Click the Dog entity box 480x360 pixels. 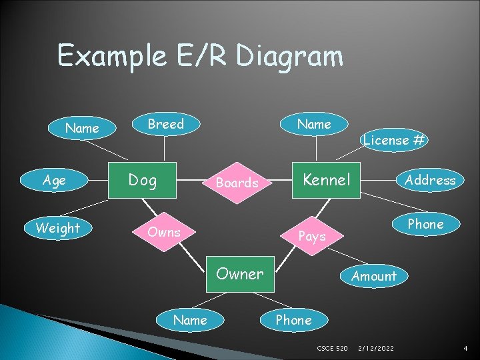pos(143,180)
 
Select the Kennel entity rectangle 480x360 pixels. pos(326,180)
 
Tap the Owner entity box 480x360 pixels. pos(240,273)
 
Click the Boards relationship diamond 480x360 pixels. pos(237,183)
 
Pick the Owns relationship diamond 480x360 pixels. pos(164,232)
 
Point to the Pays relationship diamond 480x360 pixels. pos(312,236)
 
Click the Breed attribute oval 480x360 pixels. pos(165,124)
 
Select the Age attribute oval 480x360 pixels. pos(54,180)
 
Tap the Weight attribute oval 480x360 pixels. pos(58,228)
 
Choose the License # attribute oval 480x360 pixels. pos(395,140)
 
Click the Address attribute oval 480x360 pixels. pos(430,180)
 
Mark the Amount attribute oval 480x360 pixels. pos(374,276)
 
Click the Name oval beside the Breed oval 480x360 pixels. pos(83,128)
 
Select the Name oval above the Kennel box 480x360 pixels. pos(314,124)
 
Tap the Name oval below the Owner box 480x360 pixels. pos(190,320)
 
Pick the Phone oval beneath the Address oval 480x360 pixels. pos(425,224)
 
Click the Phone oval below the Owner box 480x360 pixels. pos(293,320)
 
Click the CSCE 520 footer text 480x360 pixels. pos(332,349)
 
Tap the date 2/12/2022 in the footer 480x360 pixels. pos(376,349)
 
